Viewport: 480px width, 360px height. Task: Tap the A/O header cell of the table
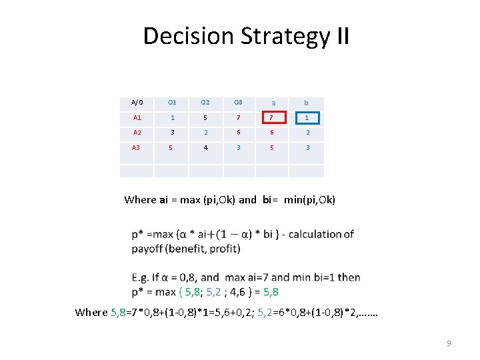pyautogui.click(x=137, y=103)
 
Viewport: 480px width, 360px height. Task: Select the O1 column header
pyautogui.click(x=171, y=103)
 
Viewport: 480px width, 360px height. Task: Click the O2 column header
pyautogui.click(x=205, y=103)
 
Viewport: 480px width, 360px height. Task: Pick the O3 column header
pyautogui.click(x=238, y=103)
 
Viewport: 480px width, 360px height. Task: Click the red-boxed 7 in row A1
pyautogui.click(x=271, y=118)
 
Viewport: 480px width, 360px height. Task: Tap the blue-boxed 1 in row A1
pyautogui.click(x=307, y=118)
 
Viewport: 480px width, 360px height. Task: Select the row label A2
pyautogui.click(x=137, y=133)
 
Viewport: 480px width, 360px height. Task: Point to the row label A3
pyautogui.click(x=137, y=147)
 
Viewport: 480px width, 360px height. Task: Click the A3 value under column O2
pyautogui.click(x=205, y=147)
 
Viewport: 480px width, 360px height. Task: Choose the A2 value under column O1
pyautogui.click(x=171, y=133)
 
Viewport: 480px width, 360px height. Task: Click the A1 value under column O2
pyautogui.click(x=205, y=118)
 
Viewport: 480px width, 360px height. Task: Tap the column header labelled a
pyautogui.click(x=272, y=103)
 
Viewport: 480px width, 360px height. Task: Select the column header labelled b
pyautogui.click(x=307, y=103)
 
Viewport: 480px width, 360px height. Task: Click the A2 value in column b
pyautogui.click(x=307, y=133)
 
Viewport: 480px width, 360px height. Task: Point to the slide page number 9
pyautogui.click(x=449, y=343)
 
